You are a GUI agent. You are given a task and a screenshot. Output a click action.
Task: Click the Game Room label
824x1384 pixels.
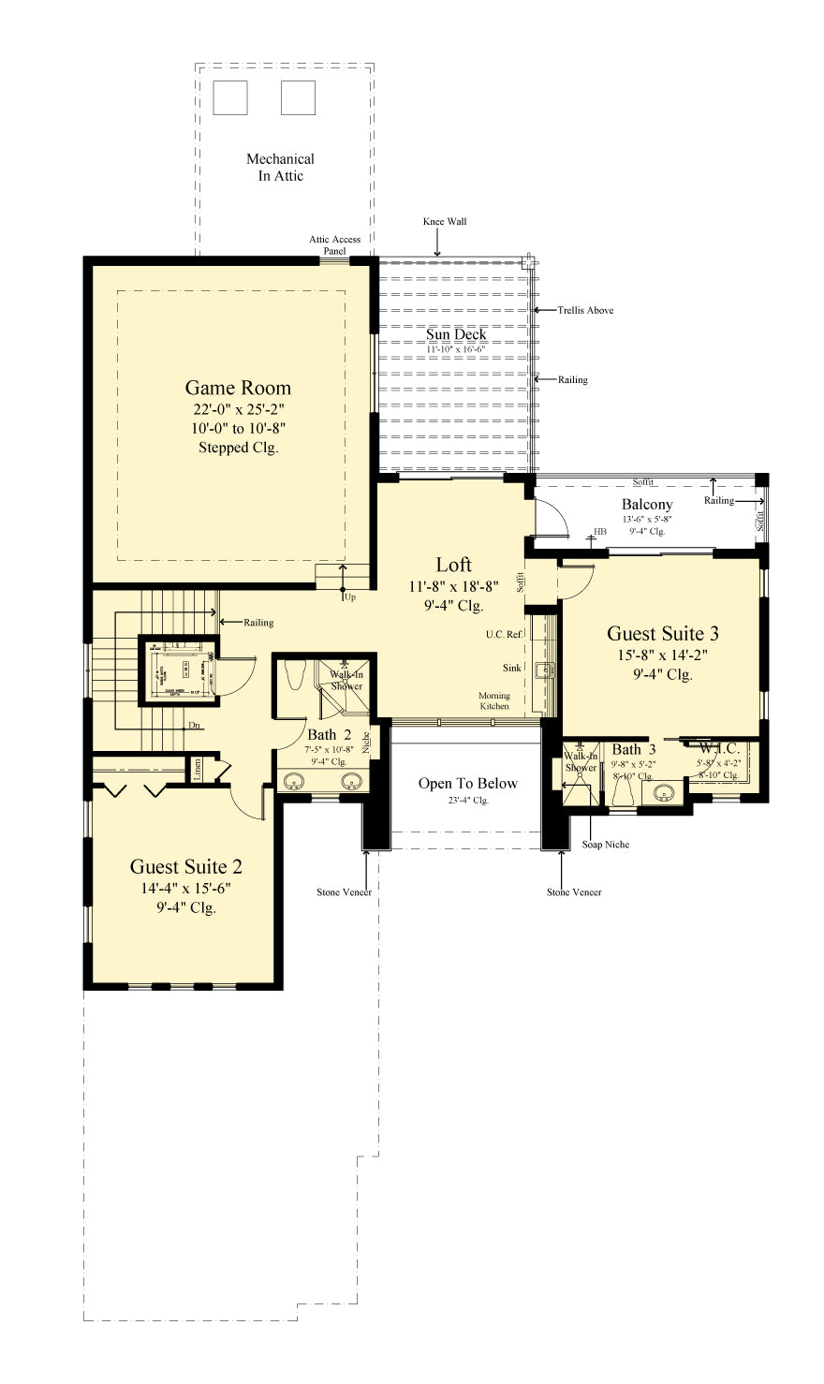[238, 388]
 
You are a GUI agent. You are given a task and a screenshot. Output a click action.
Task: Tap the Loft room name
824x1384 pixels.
[453, 565]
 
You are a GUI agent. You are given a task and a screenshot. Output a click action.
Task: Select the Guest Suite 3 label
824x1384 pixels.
[662, 634]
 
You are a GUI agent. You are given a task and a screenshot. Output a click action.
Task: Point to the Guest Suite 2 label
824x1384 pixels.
[185, 867]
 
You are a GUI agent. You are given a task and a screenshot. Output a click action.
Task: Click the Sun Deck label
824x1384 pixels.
[456, 334]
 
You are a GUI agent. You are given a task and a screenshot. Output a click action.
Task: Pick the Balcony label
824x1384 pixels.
[647, 505]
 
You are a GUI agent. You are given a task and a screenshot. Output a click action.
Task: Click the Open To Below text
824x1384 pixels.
[467, 784]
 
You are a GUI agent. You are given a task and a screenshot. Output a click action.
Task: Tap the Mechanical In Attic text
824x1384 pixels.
[280, 168]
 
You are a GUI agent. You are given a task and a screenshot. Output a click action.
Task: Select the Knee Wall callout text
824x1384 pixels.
[445, 222]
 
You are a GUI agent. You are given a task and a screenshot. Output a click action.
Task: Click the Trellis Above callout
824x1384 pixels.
[585, 310]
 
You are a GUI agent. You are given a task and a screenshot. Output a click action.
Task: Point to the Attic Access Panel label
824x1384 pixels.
[334, 245]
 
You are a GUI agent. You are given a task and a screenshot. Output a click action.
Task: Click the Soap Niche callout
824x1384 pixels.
[605, 845]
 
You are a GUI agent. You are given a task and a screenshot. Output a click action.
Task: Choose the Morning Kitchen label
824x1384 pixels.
[494, 700]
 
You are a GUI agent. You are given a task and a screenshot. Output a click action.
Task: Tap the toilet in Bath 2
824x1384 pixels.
[294, 674]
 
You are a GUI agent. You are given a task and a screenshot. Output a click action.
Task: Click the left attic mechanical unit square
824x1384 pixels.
[230, 97]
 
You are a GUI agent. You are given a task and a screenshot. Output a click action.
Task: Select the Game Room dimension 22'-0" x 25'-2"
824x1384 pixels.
[238, 409]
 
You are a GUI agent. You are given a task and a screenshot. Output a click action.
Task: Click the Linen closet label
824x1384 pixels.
[197, 769]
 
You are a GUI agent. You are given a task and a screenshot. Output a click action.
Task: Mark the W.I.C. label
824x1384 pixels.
[719, 749]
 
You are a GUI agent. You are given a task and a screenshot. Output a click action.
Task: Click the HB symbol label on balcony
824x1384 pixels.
[600, 532]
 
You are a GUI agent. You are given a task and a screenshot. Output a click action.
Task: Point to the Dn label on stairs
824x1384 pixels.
[194, 725]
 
